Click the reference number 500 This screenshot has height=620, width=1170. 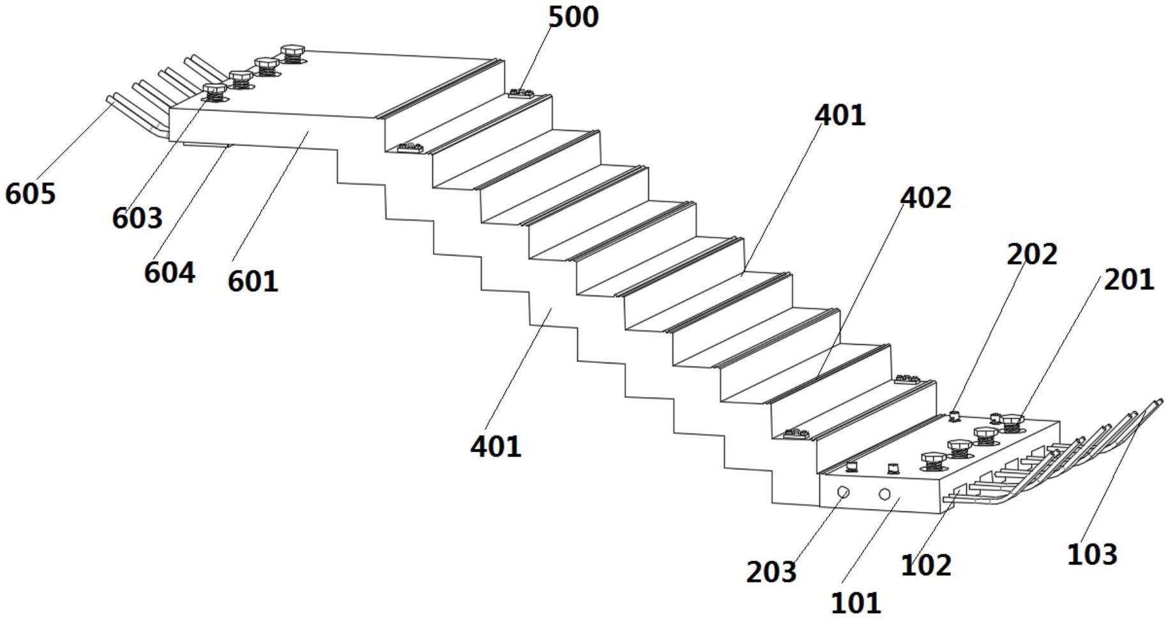(x=574, y=17)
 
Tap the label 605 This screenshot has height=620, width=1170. (x=31, y=193)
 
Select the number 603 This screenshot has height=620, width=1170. (x=137, y=218)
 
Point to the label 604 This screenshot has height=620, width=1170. (x=169, y=273)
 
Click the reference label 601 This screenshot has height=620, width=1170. (x=253, y=281)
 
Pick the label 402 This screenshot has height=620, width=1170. (x=925, y=198)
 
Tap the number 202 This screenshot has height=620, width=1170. (x=1032, y=254)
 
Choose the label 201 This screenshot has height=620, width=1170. (x=1129, y=280)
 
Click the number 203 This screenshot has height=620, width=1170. (x=771, y=571)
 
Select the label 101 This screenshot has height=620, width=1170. (x=856, y=602)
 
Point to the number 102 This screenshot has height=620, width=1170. (x=926, y=565)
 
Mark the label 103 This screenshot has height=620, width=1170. (x=1092, y=554)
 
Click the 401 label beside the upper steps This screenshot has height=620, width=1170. (x=840, y=116)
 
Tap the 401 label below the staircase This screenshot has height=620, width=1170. (x=496, y=446)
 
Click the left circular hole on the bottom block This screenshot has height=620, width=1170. (x=843, y=492)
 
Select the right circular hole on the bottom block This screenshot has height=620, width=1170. (x=885, y=494)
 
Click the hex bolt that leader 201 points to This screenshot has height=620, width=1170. (x=1012, y=422)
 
